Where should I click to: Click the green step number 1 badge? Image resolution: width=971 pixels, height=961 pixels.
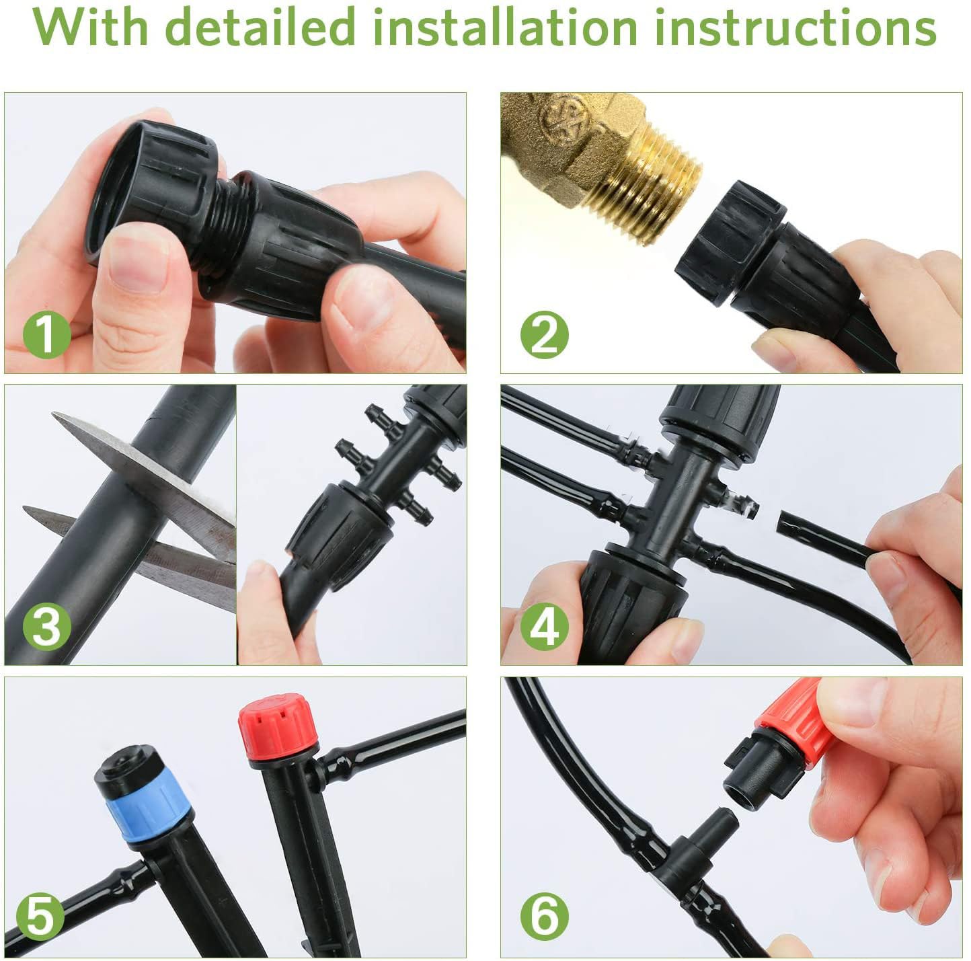[x=46, y=334]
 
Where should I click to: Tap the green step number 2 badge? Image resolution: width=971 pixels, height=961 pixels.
[x=544, y=334]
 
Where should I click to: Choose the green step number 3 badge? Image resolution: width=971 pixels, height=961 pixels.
[x=46, y=627]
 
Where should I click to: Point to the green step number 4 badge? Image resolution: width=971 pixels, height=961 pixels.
[x=544, y=627]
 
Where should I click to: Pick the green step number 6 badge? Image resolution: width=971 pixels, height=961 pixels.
[x=544, y=917]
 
